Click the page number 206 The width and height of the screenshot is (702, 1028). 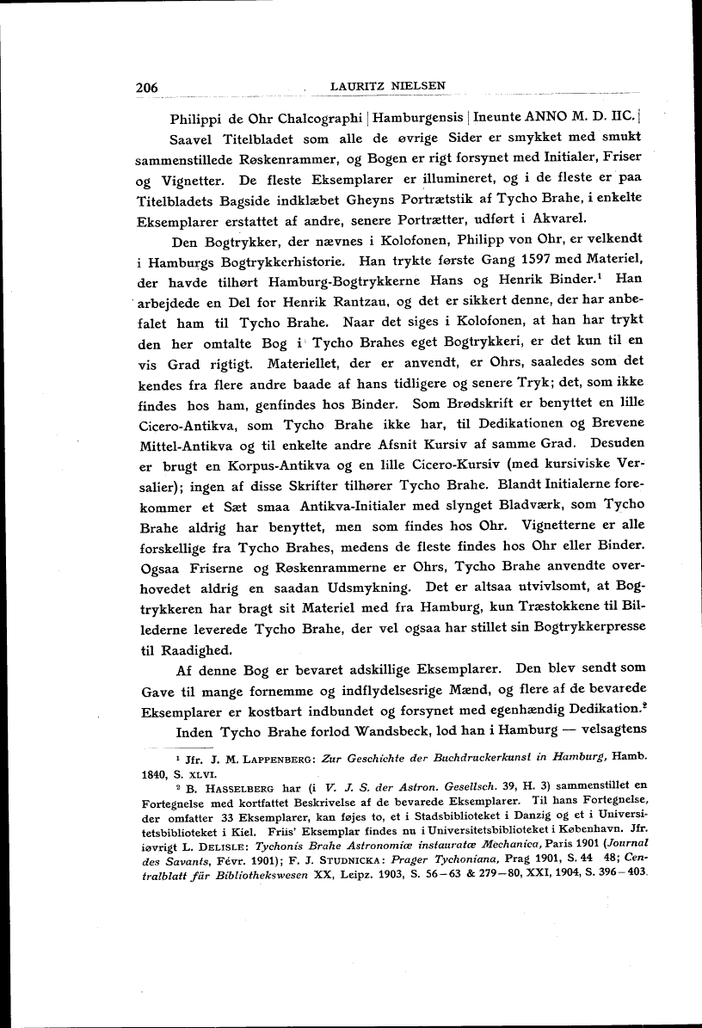(x=150, y=88)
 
